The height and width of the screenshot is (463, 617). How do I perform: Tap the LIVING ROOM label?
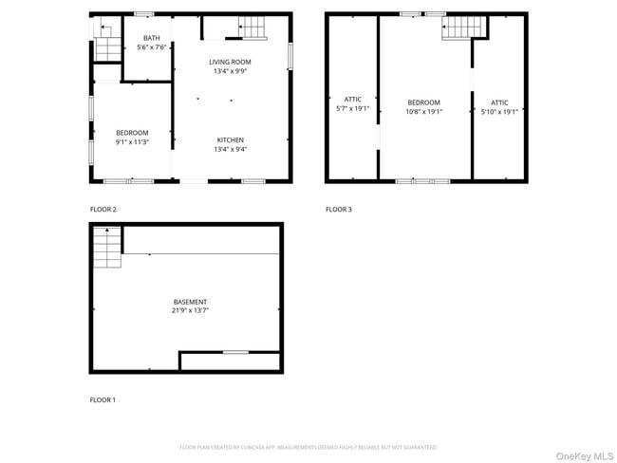(231, 62)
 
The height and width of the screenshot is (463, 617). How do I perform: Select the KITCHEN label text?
(231, 139)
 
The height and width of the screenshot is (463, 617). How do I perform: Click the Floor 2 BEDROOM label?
(132, 132)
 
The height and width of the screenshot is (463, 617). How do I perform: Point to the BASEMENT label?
(190, 302)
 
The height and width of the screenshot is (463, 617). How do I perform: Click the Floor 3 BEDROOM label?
(424, 102)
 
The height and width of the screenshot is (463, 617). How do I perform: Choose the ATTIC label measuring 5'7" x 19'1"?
(352, 99)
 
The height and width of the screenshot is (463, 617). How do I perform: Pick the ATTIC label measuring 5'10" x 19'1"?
(499, 102)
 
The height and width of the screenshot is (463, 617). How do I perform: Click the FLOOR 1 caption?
(103, 400)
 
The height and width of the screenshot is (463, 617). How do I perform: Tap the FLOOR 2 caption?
(103, 209)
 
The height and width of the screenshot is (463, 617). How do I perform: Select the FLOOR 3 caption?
(338, 209)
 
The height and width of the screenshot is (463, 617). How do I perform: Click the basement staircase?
(107, 250)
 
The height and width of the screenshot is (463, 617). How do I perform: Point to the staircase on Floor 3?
(462, 28)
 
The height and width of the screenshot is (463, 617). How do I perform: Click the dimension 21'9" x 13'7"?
(190, 310)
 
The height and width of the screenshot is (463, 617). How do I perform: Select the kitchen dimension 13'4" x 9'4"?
(231, 148)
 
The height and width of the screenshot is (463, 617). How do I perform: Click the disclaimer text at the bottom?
(308, 447)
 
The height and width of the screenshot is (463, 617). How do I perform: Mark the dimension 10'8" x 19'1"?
(424, 111)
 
